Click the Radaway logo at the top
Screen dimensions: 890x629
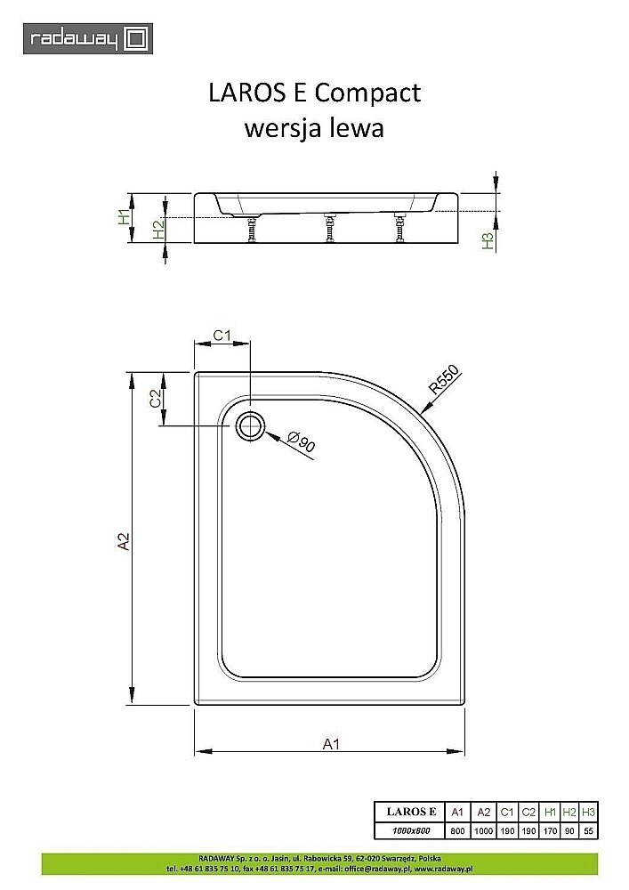pos(88,38)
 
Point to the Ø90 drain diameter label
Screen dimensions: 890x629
pos(302,441)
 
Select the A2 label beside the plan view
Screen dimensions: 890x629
pos(125,541)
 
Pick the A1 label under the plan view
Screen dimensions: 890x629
pos(330,745)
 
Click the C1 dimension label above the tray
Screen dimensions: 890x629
pos(222,336)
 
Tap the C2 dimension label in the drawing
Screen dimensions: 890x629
pos(156,399)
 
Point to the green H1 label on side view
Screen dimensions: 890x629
pos(125,215)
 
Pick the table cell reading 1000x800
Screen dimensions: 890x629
pos(410,830)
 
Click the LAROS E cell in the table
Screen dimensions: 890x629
pos(410,812)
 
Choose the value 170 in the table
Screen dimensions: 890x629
pos(550,830)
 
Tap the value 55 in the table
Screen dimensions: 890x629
pos(588,830)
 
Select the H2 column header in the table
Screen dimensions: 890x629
pos(569,812)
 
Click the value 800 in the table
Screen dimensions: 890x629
pos(457,830)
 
